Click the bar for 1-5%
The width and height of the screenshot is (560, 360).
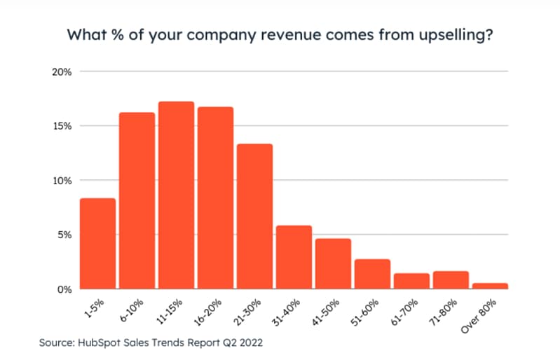(97, 244)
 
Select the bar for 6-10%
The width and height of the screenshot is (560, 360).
(137, 201)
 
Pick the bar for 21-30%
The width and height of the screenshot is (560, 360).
(254, 216)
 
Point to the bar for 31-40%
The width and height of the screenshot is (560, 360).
(294, 257)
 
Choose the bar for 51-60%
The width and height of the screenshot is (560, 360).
(372, 274)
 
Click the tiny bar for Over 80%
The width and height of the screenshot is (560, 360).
(490, 286)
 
